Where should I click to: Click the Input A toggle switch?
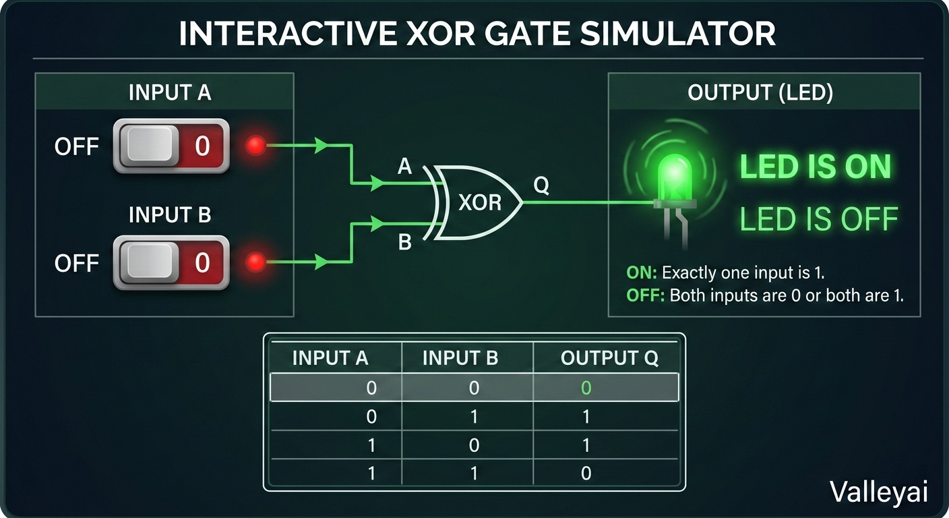[171, 146]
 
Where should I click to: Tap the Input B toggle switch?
[171, 262]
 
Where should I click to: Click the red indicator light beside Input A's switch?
[255, 146]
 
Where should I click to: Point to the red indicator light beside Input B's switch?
[255, 262]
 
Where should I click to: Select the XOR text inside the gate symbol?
[480, 202]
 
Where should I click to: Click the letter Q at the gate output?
[541, 185]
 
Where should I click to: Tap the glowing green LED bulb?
[674, 178]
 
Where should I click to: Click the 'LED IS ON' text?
[816, 167]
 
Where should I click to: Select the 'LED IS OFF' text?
[819, 219]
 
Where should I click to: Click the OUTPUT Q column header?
[609, 358]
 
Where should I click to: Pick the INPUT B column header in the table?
[460, 358]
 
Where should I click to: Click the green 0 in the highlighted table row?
[586, 388]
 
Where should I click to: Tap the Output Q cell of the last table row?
[586, 473]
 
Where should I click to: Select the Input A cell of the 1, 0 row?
[371, 445]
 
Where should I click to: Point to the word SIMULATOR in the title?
[677, 34]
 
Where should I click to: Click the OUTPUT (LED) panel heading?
[760, 92]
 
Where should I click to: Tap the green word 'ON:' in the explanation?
[642, 272]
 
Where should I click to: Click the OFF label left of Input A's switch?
[77, 146]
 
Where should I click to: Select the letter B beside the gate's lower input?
[404, 242]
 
